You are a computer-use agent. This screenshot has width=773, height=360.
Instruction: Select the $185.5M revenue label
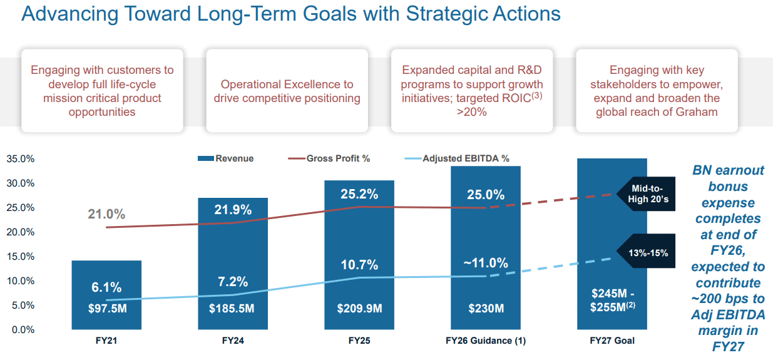click(232, 308)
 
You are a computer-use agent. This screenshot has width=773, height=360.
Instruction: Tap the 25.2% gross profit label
click(359, 194)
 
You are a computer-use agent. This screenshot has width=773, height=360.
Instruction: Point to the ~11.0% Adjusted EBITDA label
click(485, 263)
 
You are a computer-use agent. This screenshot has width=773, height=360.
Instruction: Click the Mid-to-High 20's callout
click(647, 194)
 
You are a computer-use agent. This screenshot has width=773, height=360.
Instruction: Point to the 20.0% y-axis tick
click(21, 232)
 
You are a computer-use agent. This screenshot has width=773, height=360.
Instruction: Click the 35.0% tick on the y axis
click(21, 159)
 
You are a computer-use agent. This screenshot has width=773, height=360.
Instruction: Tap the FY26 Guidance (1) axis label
click(485, 341)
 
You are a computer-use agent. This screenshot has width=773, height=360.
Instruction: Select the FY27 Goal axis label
click(612, 341)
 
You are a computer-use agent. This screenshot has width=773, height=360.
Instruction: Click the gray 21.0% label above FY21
click(106, 214)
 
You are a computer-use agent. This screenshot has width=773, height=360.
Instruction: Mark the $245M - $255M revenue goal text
click(612, 301)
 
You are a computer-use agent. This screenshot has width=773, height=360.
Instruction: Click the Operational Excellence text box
click(287, 91)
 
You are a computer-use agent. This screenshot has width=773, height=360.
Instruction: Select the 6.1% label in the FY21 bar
click(106, 287)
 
